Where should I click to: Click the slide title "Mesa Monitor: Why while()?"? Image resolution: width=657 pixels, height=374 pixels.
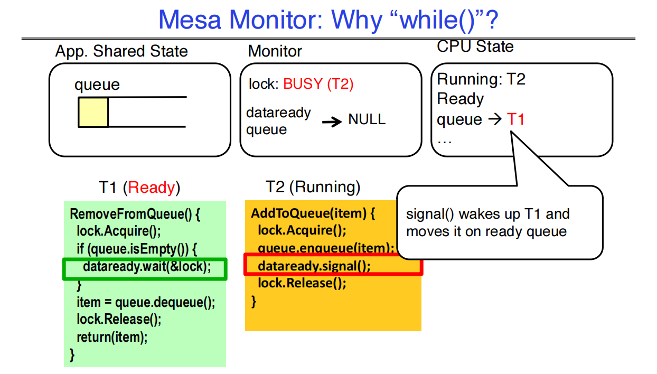coord(328,20)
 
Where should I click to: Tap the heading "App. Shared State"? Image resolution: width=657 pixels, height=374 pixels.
coord(121,51)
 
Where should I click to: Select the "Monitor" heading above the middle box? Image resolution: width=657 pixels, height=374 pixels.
coord(275,51)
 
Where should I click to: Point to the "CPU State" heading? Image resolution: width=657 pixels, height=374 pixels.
coord(475,46)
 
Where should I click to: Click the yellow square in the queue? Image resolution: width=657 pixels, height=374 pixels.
coord(93,112)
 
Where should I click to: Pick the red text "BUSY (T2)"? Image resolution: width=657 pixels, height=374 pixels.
coord(318,84)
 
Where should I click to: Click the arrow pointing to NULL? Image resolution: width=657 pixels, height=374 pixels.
coord(332,121)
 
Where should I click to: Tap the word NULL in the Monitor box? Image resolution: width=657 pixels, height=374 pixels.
coord(367,119)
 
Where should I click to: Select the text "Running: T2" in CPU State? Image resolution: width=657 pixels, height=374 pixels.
coord(481,79)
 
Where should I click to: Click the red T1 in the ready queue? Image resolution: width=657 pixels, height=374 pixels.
coord(516,119)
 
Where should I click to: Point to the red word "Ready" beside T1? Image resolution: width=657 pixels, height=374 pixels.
coord(152,187)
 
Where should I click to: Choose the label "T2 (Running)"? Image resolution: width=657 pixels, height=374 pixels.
coord(313,187)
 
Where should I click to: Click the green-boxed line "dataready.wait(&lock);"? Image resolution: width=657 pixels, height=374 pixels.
coord(146,267)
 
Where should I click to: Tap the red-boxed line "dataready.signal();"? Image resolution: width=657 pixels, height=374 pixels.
coord(314,266)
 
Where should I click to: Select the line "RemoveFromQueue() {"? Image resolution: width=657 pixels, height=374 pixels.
coord(135,214)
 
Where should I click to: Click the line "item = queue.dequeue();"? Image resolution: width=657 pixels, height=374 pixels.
coord(146,302)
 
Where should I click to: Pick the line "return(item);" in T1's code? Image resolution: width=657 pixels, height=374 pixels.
coord(112,337)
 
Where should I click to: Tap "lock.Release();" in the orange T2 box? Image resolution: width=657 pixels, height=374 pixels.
coord(302,283)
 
